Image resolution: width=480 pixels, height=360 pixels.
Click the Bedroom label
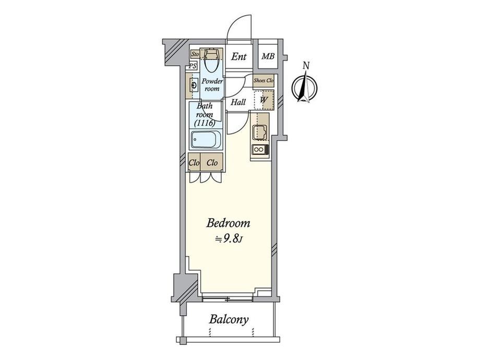[228, 223]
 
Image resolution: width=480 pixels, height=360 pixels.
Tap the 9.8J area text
[229, 239]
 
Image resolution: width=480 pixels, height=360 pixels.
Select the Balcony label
[229, 320]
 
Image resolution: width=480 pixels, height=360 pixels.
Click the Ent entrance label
[239, 56]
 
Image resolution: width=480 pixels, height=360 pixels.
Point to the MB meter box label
[268, 56]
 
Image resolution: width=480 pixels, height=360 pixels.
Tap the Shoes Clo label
[263, 81]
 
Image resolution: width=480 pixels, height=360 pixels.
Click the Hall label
[238, 102]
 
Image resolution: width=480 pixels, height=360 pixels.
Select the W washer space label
[264, 100]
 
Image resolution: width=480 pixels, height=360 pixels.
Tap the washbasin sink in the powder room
[194, 85]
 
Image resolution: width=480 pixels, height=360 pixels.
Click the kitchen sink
[260, 132]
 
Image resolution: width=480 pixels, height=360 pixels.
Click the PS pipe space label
[192, 66]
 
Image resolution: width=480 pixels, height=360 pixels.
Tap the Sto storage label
[195, 54]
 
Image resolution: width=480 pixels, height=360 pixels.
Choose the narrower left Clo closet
[194, 162]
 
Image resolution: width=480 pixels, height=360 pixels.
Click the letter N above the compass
[306, 65]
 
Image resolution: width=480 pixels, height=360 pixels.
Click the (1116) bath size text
[205, 123]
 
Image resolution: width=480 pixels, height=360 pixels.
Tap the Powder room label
[212, 85]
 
